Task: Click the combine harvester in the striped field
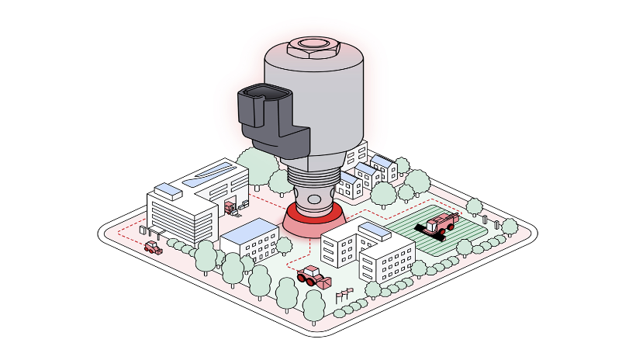439,224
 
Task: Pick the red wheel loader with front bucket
313,276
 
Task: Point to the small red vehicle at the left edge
153,247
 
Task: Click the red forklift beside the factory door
230,206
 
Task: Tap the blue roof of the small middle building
250,229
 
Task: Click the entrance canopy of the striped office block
152,230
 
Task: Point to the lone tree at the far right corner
510,226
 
